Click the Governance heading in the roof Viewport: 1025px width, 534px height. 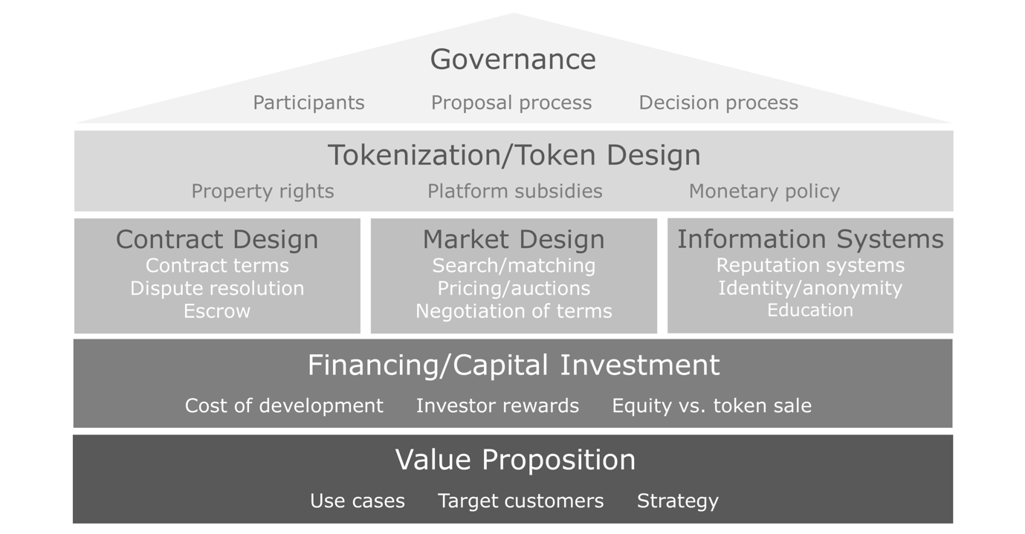coord(513,59)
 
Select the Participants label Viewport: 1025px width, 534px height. coord(309,103)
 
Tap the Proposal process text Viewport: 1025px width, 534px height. coord(511,103)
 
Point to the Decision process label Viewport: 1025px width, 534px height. coord(719,103)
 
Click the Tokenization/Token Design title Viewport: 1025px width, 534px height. coord(514,155)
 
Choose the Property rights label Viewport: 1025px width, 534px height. coord(262,191)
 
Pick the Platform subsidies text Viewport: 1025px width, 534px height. coord(515,191)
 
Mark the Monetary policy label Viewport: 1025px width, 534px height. coord(764,191)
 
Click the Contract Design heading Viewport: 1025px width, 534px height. coord(217,240)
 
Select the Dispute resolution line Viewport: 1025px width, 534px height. coord(217,288)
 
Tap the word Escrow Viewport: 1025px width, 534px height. coord(217,311)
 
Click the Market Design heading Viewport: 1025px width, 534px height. coord(514,240)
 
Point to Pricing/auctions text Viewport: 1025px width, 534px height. coord(514,288)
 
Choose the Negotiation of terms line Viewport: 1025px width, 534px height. coord(514,311)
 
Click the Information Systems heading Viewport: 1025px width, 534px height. coord(810,239)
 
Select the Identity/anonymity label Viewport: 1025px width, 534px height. coord(810,288)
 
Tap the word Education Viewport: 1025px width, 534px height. coord(810,310)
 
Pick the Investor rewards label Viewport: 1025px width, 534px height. coord(497,406)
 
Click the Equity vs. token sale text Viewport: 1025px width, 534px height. coord(711,406)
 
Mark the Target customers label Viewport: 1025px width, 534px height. coord(521,501)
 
